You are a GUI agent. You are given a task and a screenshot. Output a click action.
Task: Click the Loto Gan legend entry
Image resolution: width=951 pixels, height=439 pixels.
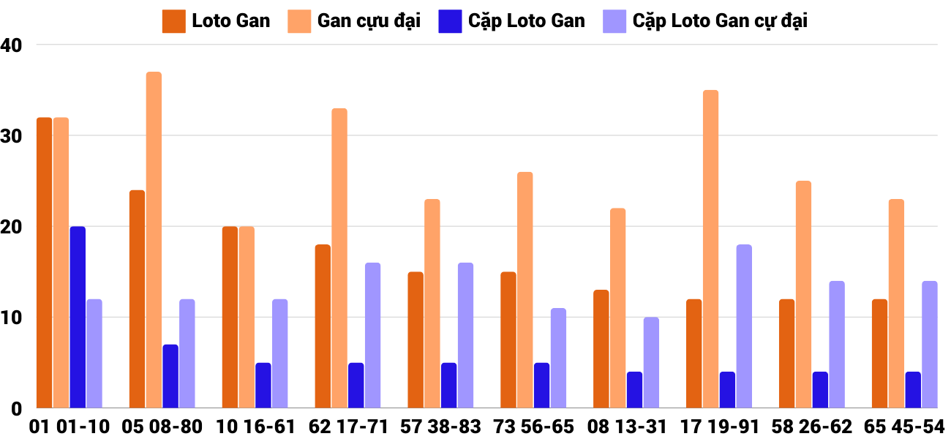pos(217,21)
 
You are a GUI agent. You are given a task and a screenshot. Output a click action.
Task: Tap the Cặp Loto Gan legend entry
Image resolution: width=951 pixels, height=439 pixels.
pos(512,21)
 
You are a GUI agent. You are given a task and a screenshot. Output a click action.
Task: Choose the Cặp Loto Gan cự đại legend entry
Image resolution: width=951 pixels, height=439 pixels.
pos(705,21)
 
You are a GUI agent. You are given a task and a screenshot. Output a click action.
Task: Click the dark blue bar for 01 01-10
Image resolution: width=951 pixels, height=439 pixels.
pos(78,318)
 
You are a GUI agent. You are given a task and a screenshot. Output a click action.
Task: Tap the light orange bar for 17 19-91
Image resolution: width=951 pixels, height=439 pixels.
pos(710,249)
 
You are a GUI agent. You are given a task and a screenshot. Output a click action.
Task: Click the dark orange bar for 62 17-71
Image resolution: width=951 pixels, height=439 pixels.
pos(323,326)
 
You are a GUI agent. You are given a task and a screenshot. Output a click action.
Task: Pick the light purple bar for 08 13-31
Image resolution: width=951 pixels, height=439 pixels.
pos(651,363)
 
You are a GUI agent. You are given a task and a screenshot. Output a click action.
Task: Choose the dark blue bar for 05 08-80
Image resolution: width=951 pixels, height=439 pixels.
pos(170,376)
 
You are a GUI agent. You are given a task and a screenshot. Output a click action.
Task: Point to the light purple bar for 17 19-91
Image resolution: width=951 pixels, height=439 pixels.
pos(744,326)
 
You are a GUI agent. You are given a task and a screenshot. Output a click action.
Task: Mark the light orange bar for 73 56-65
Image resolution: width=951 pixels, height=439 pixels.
pos(525,290)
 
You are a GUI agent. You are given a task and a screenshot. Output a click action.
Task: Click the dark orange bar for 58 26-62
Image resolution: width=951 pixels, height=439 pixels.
pos(786,353)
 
